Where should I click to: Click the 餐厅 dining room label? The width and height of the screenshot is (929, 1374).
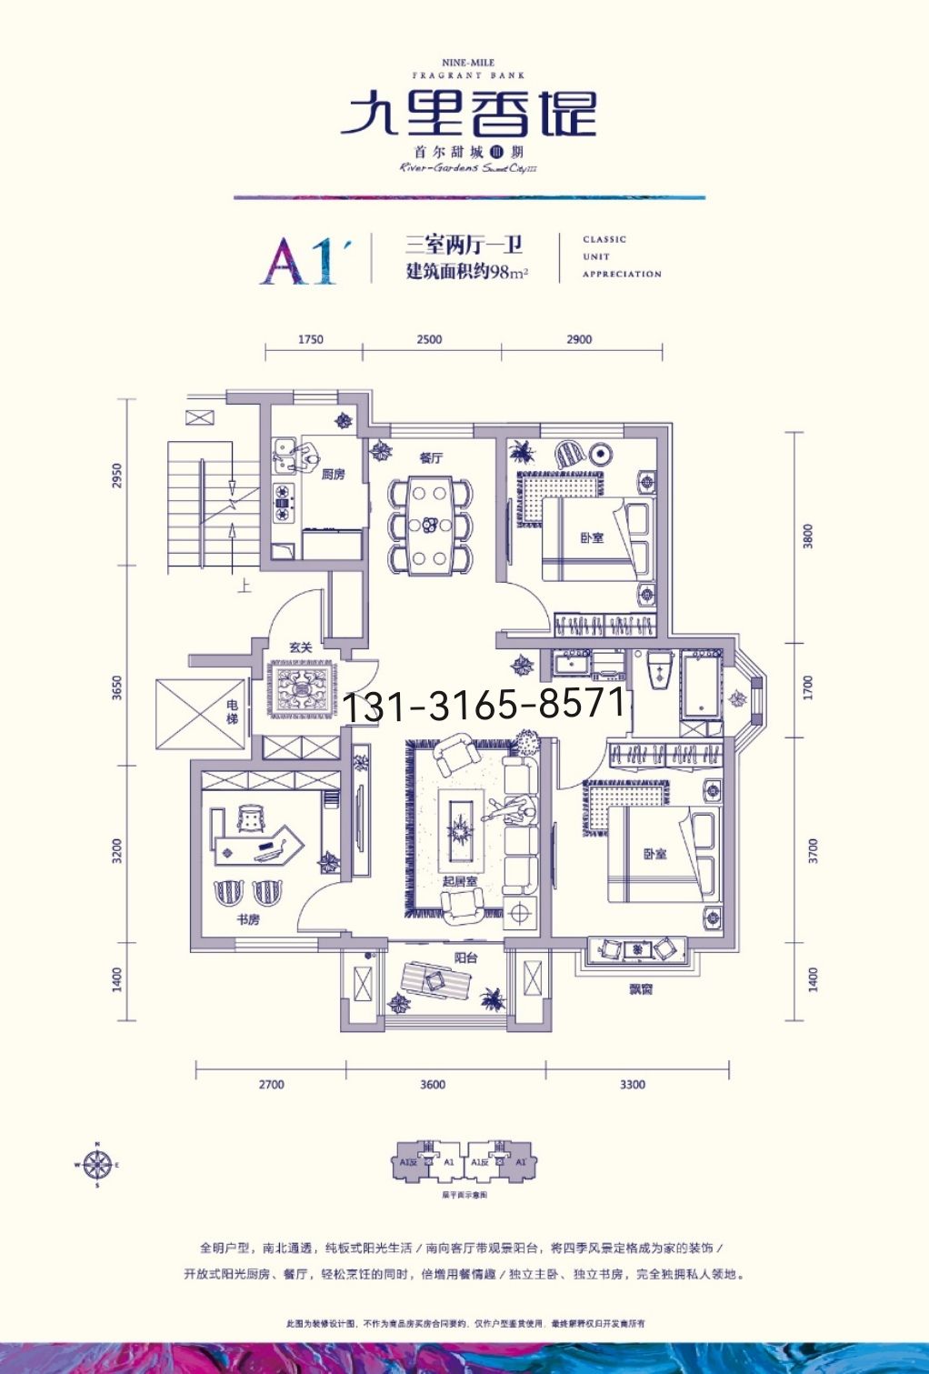pos(431,457)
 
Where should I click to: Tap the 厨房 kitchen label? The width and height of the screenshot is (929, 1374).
pos(334,474)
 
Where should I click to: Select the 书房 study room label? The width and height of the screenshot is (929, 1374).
pos(248,919)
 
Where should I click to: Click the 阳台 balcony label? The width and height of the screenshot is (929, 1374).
pos(466,958)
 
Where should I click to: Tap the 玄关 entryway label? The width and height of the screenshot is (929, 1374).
pos(301,647)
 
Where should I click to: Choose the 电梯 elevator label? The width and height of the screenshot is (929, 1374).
pos(233,711)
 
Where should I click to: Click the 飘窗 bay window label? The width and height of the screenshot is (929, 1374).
pos(641,988)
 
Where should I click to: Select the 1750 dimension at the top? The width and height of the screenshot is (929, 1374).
pos(311,339)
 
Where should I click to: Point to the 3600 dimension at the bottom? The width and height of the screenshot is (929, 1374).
pos(433,1084)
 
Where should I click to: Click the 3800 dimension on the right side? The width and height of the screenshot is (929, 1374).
pos(808,536)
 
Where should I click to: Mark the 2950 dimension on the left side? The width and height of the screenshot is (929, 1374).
pos(116,476)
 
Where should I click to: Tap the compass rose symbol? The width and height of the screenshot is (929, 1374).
pos(96,1164)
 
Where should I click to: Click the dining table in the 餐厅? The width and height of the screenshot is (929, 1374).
pos(431,527)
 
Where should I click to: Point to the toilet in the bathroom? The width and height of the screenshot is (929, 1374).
pos(660,673)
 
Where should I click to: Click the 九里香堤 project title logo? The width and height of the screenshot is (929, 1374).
pos(468,115)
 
